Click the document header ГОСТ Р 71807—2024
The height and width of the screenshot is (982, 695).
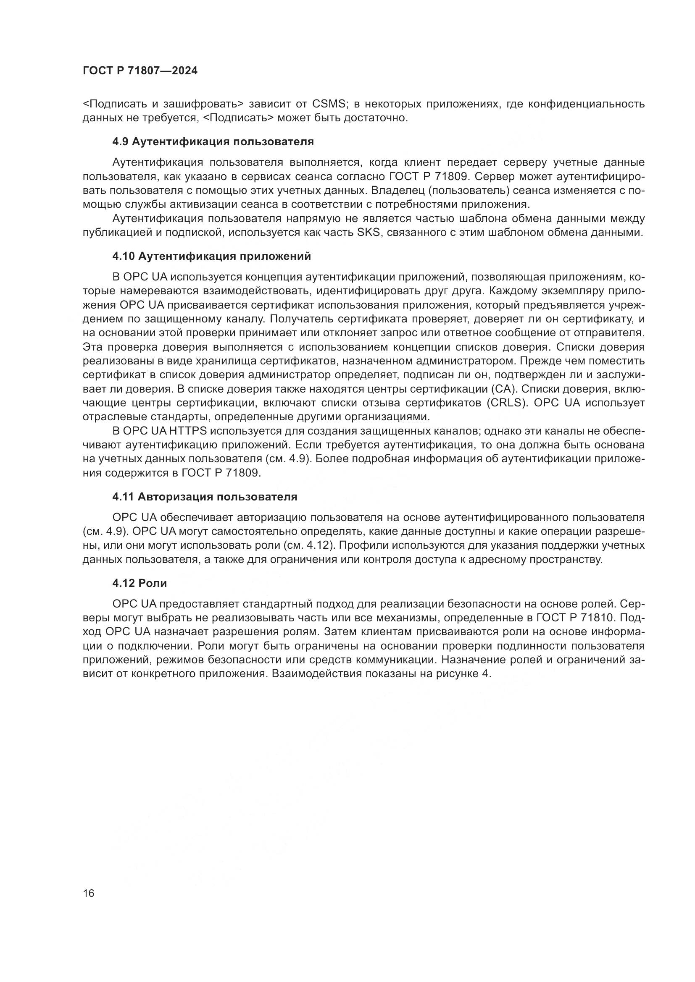point(140,71)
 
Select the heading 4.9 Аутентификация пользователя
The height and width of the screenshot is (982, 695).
point(213,141)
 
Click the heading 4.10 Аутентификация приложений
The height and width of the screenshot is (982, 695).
point(211,256)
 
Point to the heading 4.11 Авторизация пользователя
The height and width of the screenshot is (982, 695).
point(205,497)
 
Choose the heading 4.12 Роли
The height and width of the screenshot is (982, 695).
point(140,583)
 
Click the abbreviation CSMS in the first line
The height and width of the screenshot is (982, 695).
point(328,104)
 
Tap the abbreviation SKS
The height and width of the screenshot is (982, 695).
point(369,233)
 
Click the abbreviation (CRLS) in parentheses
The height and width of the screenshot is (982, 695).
point(506,403)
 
